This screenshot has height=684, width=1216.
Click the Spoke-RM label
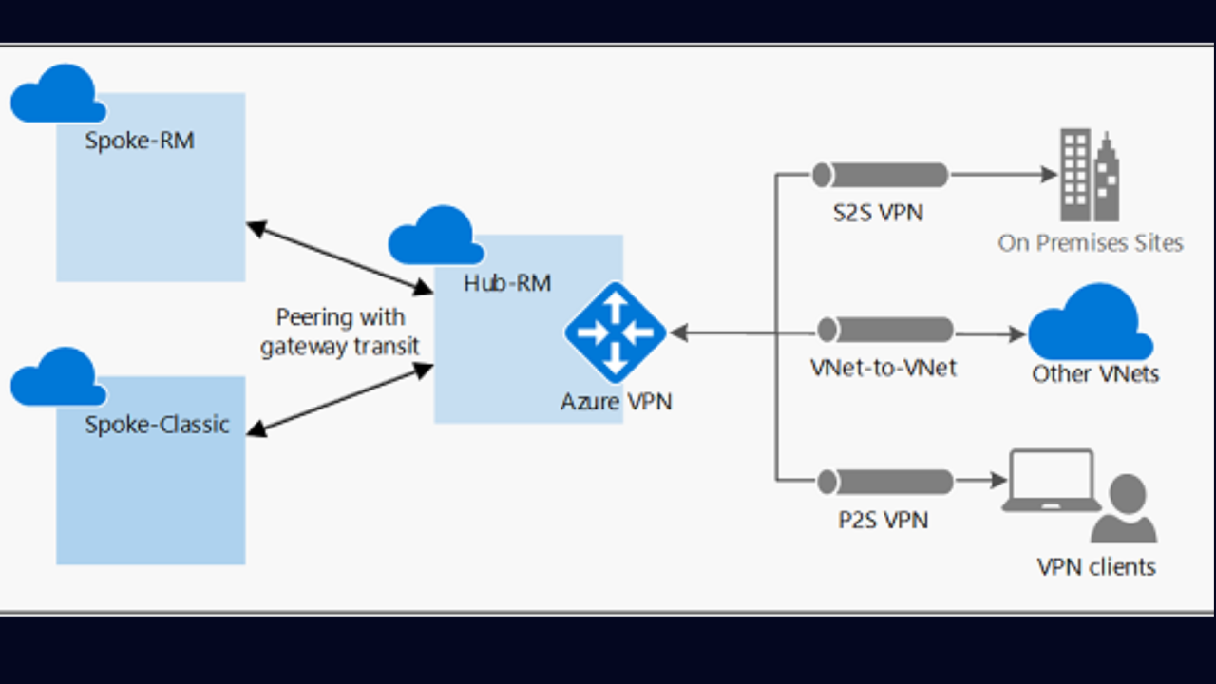click(x=140, y=141)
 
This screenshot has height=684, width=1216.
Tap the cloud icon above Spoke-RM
click(x=58, y=94)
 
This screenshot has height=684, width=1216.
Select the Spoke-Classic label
click(x=157, y=424)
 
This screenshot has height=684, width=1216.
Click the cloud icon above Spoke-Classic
click(x=58, y=377)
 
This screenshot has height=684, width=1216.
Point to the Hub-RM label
click(x=507, y=282)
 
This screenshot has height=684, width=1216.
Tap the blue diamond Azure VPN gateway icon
click(x=616, y=332)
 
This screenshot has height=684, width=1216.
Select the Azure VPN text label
click(x=616, y=402)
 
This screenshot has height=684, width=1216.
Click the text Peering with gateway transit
click(x=340, y=332)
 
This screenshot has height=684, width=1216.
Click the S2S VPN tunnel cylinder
click(x=881, y=175)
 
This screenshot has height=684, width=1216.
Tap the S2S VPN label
click(x=878, y=212)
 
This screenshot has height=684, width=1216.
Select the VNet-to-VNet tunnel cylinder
click(x=884, y=331)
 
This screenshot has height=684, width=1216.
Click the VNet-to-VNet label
click(x=883, y=368)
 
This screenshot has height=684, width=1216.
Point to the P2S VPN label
click(x=883, y=520)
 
